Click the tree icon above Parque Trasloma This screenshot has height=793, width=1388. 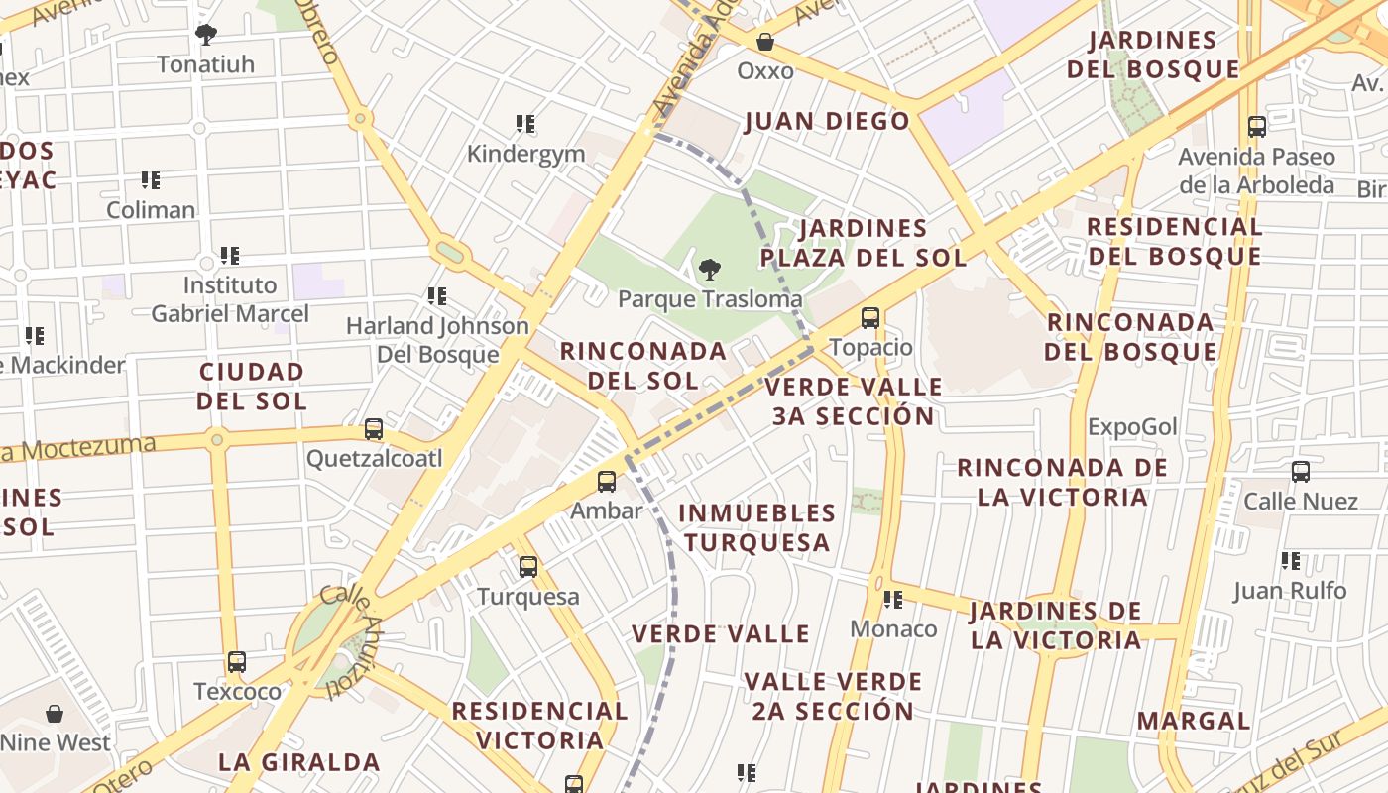(x=709, y=269)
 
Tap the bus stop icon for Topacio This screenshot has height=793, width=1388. (x=870, y=318)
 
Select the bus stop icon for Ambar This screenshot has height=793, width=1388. (x=607, y=482)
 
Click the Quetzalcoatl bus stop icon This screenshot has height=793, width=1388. (x=374, y=429)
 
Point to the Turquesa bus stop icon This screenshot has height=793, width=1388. (x=528, y=567)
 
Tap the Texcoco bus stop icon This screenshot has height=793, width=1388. (x=236, y=662)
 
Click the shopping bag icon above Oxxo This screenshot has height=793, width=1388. (x=765, y=42)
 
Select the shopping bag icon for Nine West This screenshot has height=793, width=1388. (x=55, y=713)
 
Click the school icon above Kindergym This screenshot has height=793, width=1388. (x=525, y=124)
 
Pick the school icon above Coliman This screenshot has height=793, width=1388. (x=151, y=180)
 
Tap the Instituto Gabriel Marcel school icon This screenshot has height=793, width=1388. (x=230, y=256)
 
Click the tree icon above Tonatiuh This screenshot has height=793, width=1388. (x=205, y=35)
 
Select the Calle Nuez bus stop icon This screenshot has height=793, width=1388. (x=1301, y=472)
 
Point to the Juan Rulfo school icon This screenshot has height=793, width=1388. (x=1290, y=561)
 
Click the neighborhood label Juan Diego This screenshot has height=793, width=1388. (x=827, y=121)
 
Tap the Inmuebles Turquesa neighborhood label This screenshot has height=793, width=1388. (x=757, y=527)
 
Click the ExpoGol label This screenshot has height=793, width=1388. (x=1132, y=427)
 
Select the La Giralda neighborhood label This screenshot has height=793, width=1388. (x=298, y=761)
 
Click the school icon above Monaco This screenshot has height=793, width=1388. (x=893, y=600)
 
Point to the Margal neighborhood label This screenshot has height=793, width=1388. (x=1194, y=721)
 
